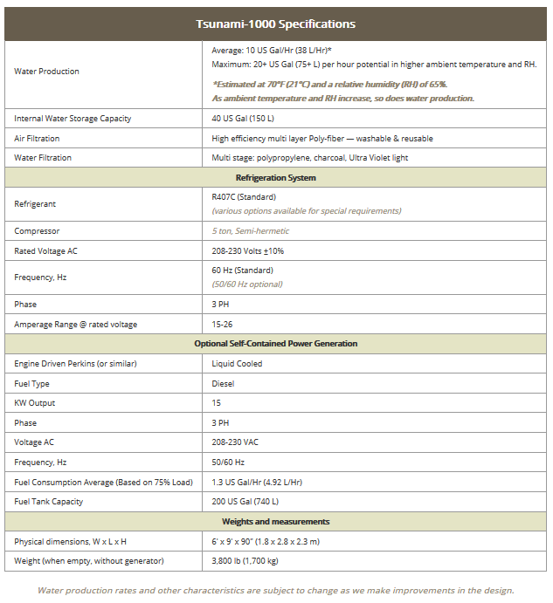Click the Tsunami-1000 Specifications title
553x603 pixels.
click(276, 24)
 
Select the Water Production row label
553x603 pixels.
click(46, 72)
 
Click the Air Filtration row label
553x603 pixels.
click(38, 139)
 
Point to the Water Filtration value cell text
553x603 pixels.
click(309, 158)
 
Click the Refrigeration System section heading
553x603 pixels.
click(276, 178)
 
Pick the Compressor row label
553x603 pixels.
click(38, 231)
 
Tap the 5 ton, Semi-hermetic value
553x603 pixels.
click(250, 231)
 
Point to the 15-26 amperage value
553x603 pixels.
click(224, 325)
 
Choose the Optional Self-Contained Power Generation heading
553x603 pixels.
click(276, 344)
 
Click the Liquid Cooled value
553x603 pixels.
click(237, 363)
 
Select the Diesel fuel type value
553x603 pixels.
click(223, 383)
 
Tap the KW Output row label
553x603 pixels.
click(35, 403)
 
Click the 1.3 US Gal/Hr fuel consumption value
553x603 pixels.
click(257, 482)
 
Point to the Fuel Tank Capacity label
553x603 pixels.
click(49, 502)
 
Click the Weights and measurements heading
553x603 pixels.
click(276, 522)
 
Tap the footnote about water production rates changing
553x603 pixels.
click(276, 591)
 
